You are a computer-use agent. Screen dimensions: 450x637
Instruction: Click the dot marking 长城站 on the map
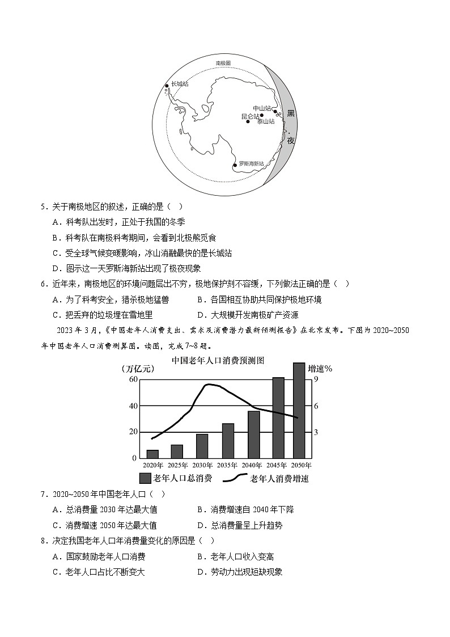tap(167, 86)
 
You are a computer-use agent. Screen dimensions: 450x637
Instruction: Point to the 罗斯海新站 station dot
tap(235, 166)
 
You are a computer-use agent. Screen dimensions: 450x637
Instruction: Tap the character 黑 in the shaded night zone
tap(291, 114)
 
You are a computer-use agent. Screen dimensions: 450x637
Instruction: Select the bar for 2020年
tap(152, 454)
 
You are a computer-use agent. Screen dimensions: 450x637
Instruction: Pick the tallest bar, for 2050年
tap(299, 410)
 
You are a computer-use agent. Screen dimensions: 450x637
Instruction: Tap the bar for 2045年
tap(278, 417)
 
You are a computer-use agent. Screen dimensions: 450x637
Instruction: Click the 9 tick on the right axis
tap(316, 379)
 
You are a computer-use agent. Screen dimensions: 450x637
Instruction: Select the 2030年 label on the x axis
tap(202, 465)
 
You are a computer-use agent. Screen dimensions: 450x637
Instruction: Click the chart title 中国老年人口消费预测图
tap(218, 360)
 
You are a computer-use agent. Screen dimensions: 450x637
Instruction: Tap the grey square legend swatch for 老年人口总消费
tap(145, 478)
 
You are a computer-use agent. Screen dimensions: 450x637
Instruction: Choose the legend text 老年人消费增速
tap(279, 479)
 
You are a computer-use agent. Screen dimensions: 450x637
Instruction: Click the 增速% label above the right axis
tap(320, 369)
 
